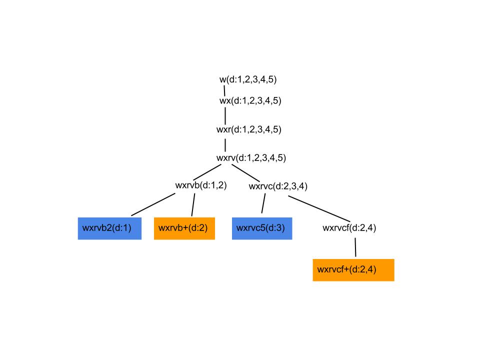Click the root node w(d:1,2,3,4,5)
tap(247, 79)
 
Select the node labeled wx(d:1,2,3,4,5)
tap(250, 100)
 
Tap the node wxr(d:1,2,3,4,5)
tap(248, 129)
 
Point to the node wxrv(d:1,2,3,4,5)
tap(250, 157)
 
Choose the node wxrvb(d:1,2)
tap(200, 185)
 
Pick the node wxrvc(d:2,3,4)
tap(277, 186)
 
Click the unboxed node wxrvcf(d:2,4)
tap(349, 228)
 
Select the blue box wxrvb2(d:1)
tap(109, 228)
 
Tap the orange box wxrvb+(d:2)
tap(184, 228)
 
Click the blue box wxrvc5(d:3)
tap(261, 228)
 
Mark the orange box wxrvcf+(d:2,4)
tap(353, 270)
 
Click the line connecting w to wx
tap(224, 90)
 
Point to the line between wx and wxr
tap(225, 114)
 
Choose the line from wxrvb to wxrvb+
tap(193, 205)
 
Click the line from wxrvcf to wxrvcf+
tap(355, 247)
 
